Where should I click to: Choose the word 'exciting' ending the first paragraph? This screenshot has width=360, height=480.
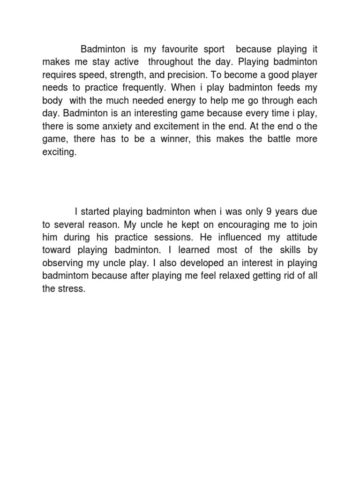pos(59,152)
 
